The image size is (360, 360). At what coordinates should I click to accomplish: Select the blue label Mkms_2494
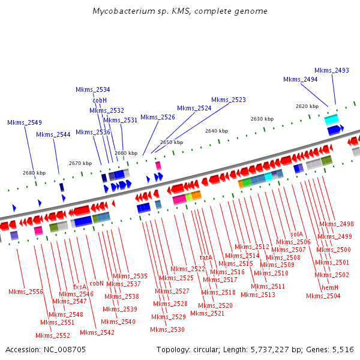point(300,79)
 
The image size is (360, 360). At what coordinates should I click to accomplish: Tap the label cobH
point(100,100)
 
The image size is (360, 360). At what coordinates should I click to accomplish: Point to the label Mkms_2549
point(25,122)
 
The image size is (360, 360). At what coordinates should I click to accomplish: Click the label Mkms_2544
point(53,134)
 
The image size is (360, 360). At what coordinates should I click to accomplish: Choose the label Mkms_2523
point(229,100)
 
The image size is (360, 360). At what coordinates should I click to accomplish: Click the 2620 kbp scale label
point(307,106)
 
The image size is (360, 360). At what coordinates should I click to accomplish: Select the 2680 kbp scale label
point(34,173)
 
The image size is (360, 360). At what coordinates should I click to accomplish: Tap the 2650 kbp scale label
point(172,142)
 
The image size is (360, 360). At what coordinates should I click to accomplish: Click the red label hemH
point(330,288)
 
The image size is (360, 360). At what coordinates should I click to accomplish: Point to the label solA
point(296,234)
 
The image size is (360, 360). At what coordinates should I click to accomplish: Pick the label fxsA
point(80,287)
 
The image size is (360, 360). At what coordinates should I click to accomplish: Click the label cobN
point(97,283)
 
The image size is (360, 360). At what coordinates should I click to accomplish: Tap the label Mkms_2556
point(26,292)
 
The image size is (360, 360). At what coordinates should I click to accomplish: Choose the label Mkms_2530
point(167,329)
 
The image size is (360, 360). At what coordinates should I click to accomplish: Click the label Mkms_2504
point(323,296)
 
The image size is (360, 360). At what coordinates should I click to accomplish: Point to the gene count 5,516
point(342,349)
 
